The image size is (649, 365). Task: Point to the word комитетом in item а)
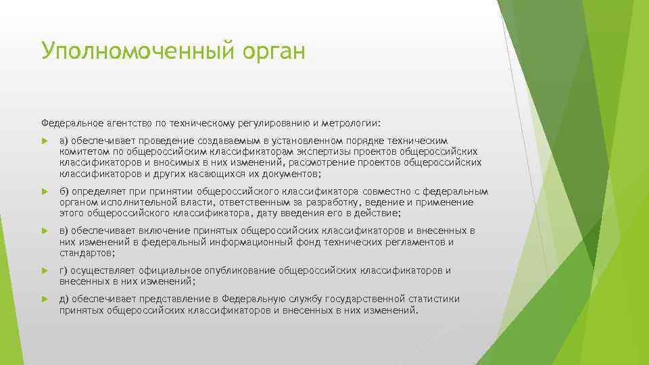tap(80, 151)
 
